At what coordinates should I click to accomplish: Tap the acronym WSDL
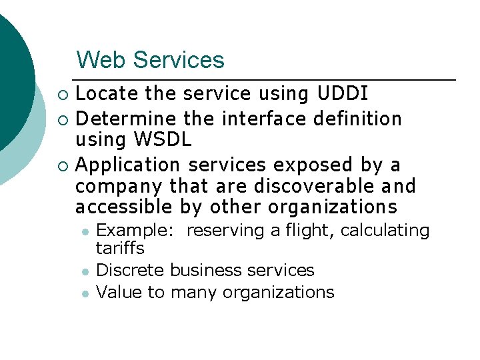point(162,139)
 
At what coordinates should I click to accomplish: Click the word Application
point(128,165)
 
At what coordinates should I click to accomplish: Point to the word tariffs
point(120,248)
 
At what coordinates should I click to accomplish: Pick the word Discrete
point(131,270)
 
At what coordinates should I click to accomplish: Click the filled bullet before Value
point(84,293)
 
